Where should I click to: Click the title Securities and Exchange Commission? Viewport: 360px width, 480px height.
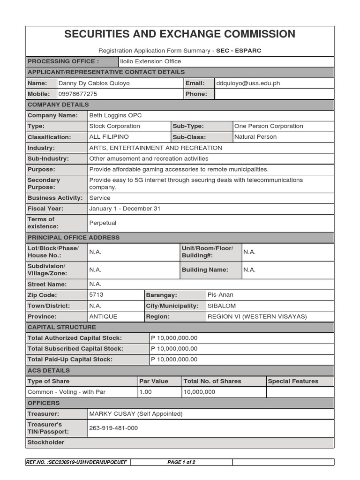click(180, 34)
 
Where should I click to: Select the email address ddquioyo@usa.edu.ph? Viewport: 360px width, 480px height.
click(248, 83)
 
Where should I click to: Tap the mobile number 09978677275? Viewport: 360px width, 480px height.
click(78, 94)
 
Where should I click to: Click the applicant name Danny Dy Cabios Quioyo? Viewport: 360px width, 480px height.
click(94, 83)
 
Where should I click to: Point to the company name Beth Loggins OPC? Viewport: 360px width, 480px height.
click(115, 115)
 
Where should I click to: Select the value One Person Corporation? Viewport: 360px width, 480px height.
click(269, 126)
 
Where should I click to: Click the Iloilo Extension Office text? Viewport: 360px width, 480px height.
click(150, 61)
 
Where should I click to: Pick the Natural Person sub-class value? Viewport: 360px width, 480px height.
click(255, 137)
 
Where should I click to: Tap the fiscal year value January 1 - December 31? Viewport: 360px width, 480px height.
click(125, 209)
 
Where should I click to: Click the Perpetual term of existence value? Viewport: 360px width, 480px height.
click(103, 223)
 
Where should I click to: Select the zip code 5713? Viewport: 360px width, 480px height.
click(96, 295)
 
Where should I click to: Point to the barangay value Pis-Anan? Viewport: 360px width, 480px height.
click(220, 295)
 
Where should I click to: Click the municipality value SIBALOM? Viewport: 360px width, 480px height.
click(222, 306)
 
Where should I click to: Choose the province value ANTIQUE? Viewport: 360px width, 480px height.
click(103, 316)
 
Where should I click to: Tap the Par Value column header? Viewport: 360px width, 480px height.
click(154, 381)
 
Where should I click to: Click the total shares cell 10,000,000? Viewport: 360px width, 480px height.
click(199, 392)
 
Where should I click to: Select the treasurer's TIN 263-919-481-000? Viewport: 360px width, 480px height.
click(113, 428)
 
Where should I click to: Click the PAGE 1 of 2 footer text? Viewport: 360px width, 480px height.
click(181, 462)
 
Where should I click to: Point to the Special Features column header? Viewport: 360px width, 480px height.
click(293, 381)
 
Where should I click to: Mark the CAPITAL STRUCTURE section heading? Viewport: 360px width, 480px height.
click(62, 327)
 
